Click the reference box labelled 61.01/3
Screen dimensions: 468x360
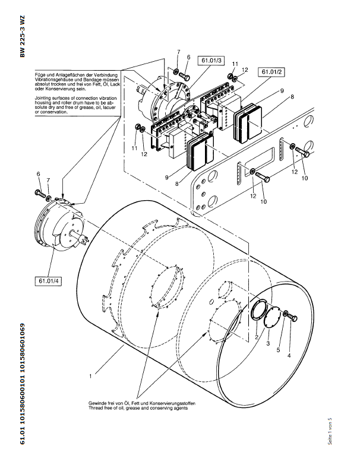coord(211,61)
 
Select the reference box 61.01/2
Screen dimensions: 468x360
coord(270,72)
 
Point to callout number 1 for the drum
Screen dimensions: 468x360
coord(90,376)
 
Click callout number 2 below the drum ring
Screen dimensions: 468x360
coord(257,337)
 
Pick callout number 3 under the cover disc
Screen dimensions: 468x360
coord(268,344)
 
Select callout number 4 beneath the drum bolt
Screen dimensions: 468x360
coord(289,356)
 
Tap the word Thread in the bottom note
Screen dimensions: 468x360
coord(94,409)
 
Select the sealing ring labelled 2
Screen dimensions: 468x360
coord(260,310)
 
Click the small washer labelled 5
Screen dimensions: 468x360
coord(285,314)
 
